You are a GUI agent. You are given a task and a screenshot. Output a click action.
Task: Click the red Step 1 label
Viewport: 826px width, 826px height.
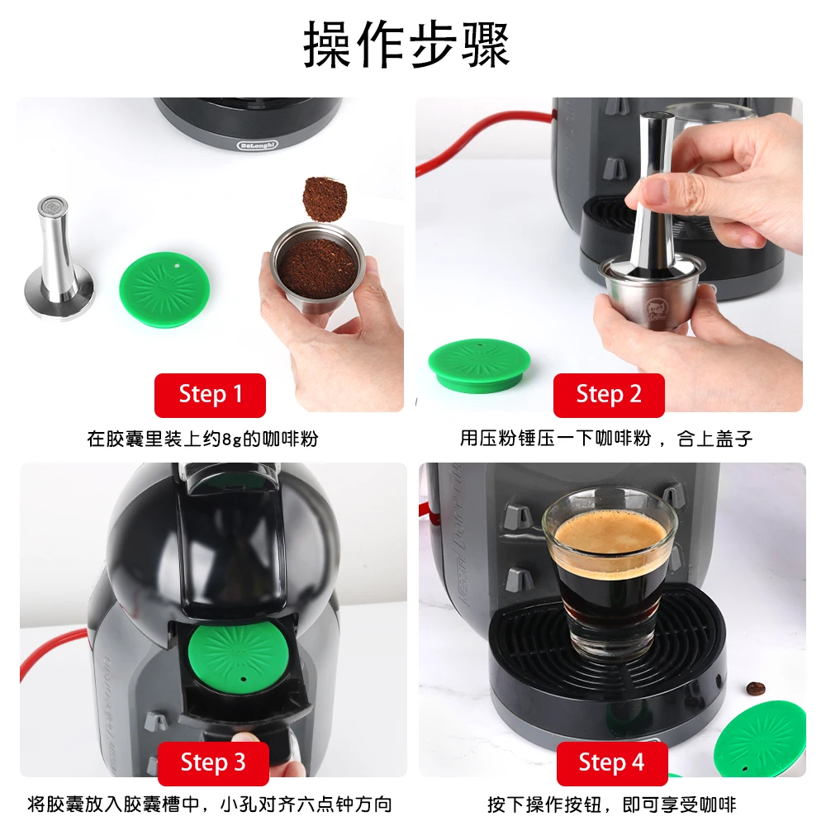[211, 395]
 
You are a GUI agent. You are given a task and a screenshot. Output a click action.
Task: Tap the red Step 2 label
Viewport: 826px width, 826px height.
[609, 395]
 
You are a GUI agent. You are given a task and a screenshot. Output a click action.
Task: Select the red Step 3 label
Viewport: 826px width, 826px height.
[213, 762]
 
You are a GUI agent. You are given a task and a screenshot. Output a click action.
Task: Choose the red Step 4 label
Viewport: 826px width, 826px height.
[611, 762]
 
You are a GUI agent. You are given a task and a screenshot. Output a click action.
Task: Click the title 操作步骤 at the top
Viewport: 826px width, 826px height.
[406, 45]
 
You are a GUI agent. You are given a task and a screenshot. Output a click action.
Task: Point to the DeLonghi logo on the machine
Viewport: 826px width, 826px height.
[258, 143]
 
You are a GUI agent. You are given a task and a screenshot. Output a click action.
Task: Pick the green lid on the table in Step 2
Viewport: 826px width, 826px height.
[479, 366]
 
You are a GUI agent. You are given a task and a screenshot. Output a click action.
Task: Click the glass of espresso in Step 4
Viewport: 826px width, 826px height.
[610, 570]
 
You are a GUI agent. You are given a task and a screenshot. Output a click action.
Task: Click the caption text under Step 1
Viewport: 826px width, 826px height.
[202, 439]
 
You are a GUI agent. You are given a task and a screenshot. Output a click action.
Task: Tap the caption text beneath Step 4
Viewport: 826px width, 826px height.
[611, 804]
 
